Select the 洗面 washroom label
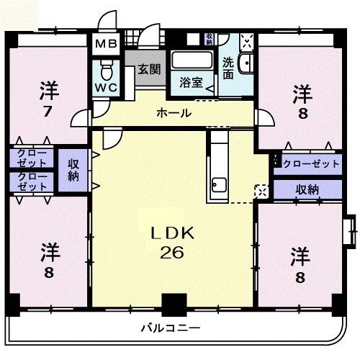[228, 68]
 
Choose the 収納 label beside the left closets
[73, 171]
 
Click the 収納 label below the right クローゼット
[307, 190]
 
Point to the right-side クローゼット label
[311, 164]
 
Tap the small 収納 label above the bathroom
[209, 39]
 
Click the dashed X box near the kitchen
[261, 192]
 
